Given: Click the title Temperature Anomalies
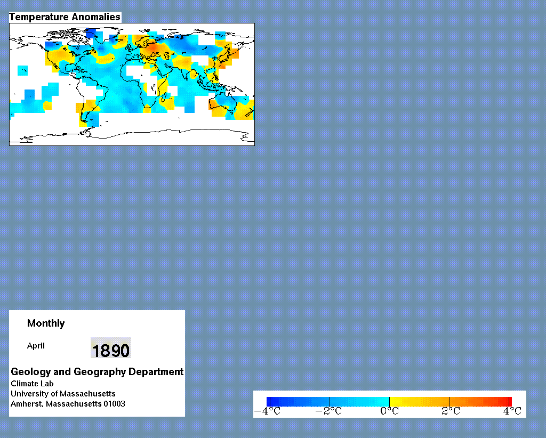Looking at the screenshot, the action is click(65, 17).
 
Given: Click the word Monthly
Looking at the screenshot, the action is click(46, 323).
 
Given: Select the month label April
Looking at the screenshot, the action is click(36, 346).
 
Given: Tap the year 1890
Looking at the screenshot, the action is click(111, 350).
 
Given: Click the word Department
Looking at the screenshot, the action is click(156, 372).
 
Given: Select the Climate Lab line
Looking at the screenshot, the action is click(32, 383).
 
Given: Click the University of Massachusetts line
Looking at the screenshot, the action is click(63, 393).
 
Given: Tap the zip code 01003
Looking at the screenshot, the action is click(114, 403).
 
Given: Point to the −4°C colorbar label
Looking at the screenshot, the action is click(267, 411).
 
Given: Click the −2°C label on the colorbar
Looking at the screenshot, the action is click(328, 411).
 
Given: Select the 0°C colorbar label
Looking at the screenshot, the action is click(389, 411).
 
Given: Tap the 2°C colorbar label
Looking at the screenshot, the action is click(451, 411).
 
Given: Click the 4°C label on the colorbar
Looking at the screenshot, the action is click(512, 411).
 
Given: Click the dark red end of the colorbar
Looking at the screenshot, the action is click(509, 402).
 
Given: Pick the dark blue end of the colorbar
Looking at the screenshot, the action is click(269, 402).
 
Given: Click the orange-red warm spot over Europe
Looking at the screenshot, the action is click(152, 47).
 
